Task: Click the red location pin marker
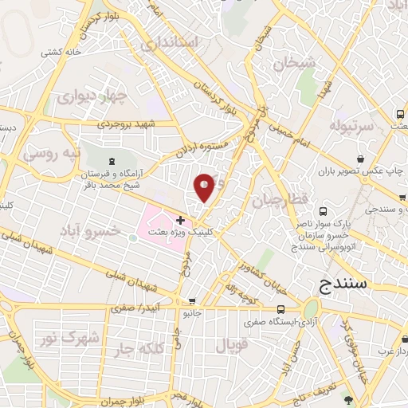click(205, 187)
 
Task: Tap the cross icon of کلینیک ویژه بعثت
click(181, 219)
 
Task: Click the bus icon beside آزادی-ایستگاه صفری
click(280, 309)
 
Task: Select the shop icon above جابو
click(191, 302)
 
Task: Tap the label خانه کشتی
click(63, 51)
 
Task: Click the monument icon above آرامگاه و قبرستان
click(111, 162)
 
